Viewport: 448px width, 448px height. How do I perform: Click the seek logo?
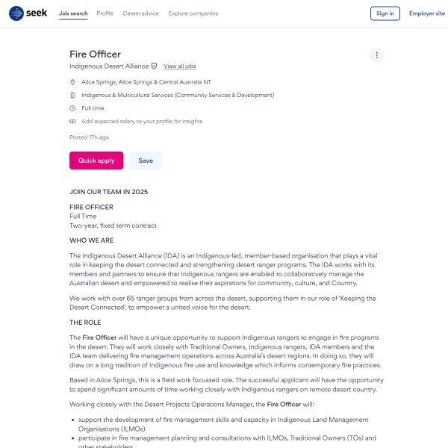pyautogui.click(x=28, y=13)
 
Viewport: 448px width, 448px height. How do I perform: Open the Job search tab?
pyautogui.click(x=73, y=13)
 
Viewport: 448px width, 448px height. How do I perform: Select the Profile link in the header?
pyautogui.click(x=105, y=13)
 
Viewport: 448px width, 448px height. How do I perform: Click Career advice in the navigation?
pyautogui.click(x=141, y=13)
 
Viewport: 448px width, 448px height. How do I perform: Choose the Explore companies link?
pyautogui.click(x=193, y=13)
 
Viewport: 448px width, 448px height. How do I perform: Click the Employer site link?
pyautogui.click(x=426, y=13)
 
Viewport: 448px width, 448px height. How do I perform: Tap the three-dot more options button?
pyautogui.click(x=377, y=55)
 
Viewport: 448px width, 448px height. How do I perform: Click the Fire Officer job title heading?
pyautogui.click(x=95, y=54)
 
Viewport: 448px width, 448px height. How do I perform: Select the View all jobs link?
pyautogui.click(x=180, y=66)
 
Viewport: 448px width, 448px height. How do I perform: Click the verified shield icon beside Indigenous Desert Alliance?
pyautogui.click(x=155, y=66)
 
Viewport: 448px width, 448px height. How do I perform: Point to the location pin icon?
pyautogui.click(x=72, y=82)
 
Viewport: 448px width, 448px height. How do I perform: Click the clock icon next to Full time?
pyautogui.click(x=72, y=108)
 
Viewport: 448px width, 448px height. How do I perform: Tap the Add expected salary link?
pyautogui.click(x=142, y=121)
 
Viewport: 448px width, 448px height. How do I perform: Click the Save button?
pyautogui.click(x=146, y=161)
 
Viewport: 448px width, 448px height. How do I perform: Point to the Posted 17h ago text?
pyautogui.click(x=89, y=137)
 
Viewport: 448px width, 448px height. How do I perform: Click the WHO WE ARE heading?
pyautogui.click(x=92, y=240)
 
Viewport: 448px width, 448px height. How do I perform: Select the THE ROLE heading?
pyautogui.click(x=85, y=323)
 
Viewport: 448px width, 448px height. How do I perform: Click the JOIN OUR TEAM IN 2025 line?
pyautogui.click(x=108, y=192)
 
